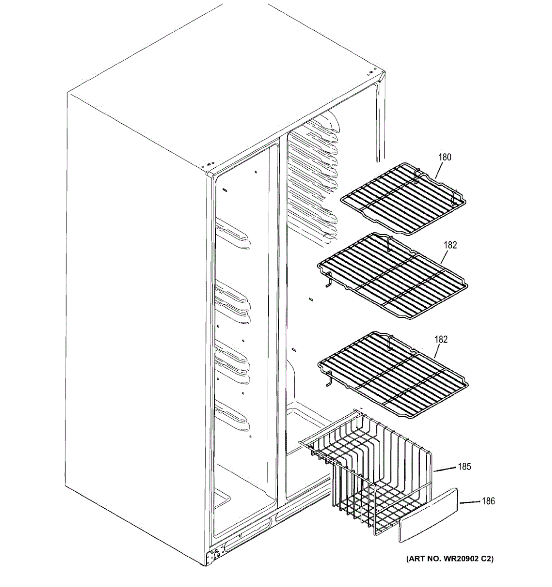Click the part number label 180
pyautogui.click(x=444, y=158)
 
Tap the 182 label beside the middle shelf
pyautogui.click(x=450, y=246)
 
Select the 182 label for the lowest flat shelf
pyautogui.click(x=440, y=339)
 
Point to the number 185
pyautogui.click(x=464, y=467)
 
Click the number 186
pyautogui.click(x=488, y=501)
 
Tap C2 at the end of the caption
pyautogui.click(x=485, y=558)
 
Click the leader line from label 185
pyautogui.click(x=445, y=470)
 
